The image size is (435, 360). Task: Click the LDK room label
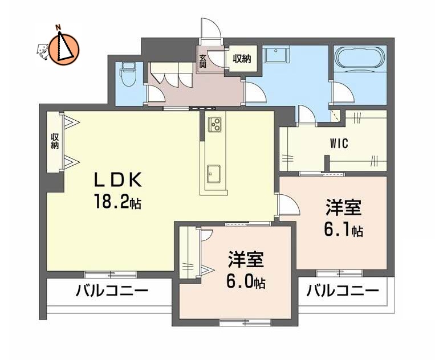(117, 181)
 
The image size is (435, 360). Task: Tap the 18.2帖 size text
(118, 202)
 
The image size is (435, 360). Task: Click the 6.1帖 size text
(343, 231)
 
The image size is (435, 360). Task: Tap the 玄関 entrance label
(202, 60)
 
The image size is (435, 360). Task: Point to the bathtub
(359, 59)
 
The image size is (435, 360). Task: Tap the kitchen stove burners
(214, 123)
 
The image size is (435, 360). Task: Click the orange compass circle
(64, 48)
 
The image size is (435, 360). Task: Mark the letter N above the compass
(58, 27)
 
